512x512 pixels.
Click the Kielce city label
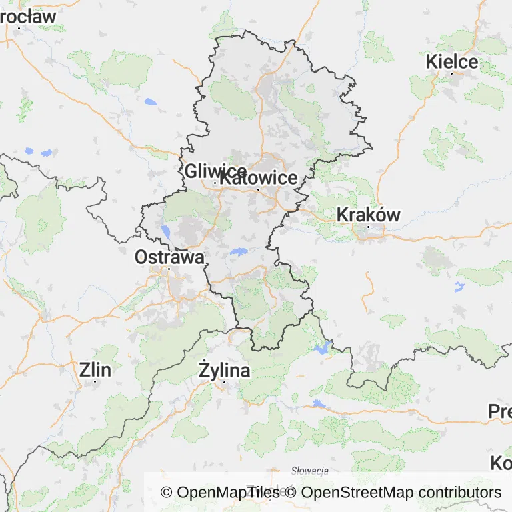click(452, 62)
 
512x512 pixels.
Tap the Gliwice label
click(215, 171)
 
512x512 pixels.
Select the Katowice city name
click(259, 179)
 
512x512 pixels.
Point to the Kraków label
click(369, 215)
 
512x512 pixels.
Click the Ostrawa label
click(169, 257)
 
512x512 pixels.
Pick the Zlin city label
click(95, 369)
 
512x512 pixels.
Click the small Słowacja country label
click(311, 471)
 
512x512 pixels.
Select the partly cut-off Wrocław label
click(27, 17)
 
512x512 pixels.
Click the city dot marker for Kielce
click(451, 73)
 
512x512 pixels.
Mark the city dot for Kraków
click(368, 227)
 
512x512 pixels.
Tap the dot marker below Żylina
click(225, 382)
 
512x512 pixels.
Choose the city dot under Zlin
click(95, 381)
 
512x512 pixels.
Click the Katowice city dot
click(259, 190)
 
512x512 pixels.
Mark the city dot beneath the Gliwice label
click(214, 183)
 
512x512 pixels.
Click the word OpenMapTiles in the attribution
click(229, 493)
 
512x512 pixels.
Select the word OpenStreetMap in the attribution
click(357, 493)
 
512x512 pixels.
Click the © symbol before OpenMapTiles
click(167, 493)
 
